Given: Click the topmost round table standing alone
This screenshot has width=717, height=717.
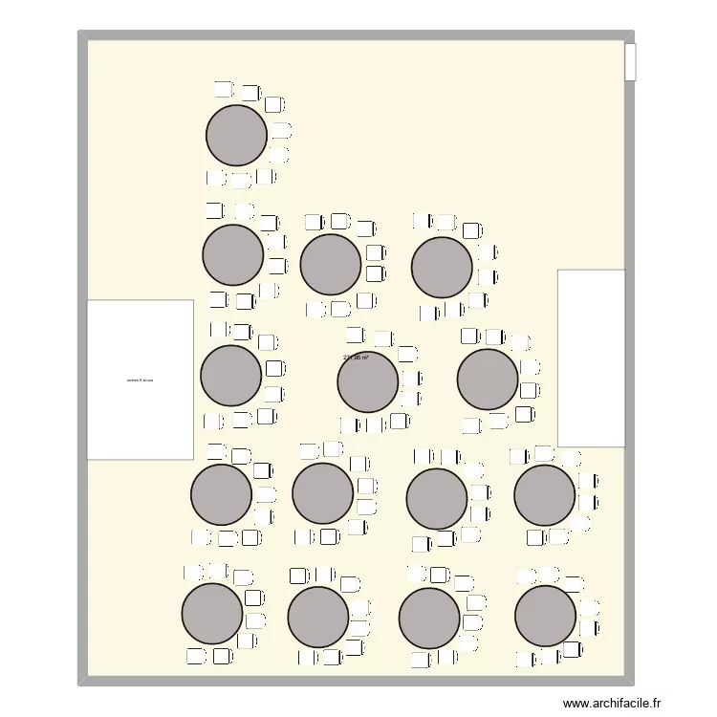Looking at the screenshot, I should pos(236,135).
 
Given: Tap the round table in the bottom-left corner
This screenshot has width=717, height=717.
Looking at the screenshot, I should pos(212,613).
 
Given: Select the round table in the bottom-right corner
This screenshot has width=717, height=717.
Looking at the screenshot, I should pos(545,616).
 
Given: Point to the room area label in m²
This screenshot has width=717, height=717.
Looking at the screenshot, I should pos(356,358).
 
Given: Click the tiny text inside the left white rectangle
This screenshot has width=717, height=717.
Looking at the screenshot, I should pos(140,380).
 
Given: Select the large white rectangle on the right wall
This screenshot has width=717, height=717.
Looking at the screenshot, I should pos(591,358).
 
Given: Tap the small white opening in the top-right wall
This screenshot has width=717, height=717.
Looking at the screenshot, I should pos(630,62).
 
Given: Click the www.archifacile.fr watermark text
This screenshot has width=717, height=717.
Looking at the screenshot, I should pos(612,703).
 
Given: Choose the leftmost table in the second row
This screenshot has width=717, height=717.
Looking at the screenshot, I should pos(232,254).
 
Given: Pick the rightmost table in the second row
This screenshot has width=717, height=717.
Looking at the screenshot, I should pos(442,267).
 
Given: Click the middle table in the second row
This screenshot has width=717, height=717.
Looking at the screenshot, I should pos(330,265).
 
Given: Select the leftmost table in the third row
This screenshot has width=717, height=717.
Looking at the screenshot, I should pos(230,375).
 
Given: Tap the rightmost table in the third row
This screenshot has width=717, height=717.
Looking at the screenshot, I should pos(488,380).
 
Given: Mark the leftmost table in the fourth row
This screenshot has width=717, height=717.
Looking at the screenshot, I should pos(221,494).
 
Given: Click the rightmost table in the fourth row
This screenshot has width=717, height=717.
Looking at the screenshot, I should pos(545,495).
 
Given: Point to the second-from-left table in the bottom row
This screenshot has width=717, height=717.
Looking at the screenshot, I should pos(317,617).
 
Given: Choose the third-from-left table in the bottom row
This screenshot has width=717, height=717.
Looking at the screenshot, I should pos(429,618).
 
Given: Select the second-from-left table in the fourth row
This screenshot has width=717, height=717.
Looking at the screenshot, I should pos(322,493).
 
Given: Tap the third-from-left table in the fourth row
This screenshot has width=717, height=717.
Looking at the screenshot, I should pos(437,499).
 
